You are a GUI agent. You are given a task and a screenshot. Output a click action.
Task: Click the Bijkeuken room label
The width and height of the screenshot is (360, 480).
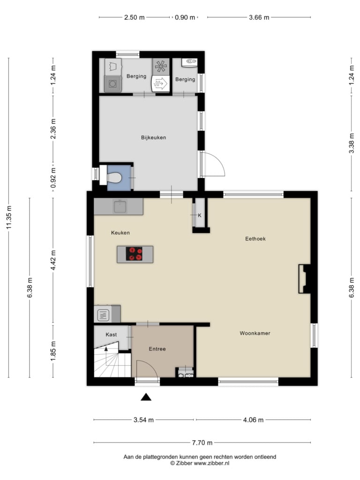(153, 137)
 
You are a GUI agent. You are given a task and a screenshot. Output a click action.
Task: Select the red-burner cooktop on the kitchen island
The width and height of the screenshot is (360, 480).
(134, 254)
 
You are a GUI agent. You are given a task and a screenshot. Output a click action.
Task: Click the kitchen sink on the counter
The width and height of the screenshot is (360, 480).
(120, 207)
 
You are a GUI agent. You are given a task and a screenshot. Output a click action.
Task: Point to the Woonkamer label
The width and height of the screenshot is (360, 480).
(255, 333)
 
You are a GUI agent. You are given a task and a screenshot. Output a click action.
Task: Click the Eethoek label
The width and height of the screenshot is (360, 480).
(255, 239)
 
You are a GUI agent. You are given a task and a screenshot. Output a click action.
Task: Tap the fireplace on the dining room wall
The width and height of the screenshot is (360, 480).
(305, 279)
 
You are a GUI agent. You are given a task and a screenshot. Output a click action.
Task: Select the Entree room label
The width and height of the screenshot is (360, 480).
(157, 349)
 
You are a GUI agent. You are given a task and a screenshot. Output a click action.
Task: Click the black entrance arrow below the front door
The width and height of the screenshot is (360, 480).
(146, 397)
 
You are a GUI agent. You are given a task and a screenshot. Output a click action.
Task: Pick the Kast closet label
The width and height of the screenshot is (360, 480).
(111, 335)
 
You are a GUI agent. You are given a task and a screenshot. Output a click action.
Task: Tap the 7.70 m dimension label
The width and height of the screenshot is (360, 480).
(202, 442)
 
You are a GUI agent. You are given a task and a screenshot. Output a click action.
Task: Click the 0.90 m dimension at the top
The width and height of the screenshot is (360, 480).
(185, 17)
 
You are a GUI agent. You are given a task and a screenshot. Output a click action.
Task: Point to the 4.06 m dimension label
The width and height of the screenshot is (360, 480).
(253, 420)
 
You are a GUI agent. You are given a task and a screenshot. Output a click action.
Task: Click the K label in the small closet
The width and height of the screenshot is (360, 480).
(200, 216)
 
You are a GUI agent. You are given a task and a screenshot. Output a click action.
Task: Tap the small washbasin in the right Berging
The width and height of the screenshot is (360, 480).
(189, 62)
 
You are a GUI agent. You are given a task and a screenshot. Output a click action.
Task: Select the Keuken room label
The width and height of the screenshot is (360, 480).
(120, 232)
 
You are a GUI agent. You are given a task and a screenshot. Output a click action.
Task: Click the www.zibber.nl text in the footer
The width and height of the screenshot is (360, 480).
(211, 463)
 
